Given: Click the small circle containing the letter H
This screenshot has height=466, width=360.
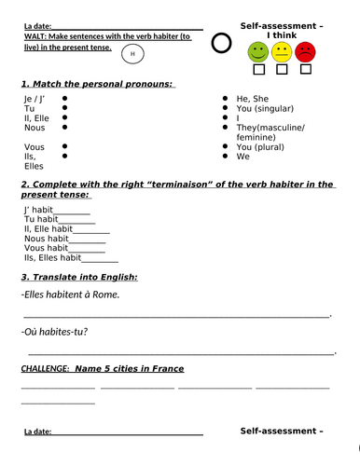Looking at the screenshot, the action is pyautogui.click(x=132, y=54).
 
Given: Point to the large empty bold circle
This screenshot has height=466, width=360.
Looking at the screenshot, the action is pyautogui.click(x=220, y=43).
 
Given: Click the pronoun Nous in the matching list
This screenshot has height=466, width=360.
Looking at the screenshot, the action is pyautogui.click(x=34, y=128).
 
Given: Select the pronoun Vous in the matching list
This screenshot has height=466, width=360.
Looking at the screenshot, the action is pyautogui.click(x=34, y=147).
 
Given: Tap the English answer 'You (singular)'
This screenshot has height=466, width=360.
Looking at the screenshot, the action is pyautogui.click(x=269, y=108).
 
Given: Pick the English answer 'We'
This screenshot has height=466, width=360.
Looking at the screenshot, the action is pyautogui.click(x=243, y=157).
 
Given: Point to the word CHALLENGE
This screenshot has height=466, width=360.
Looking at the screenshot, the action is pyautogui.click(x=44, y=368).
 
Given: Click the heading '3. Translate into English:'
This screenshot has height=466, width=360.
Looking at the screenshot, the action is pyautogui.click(x=79, y=277).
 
